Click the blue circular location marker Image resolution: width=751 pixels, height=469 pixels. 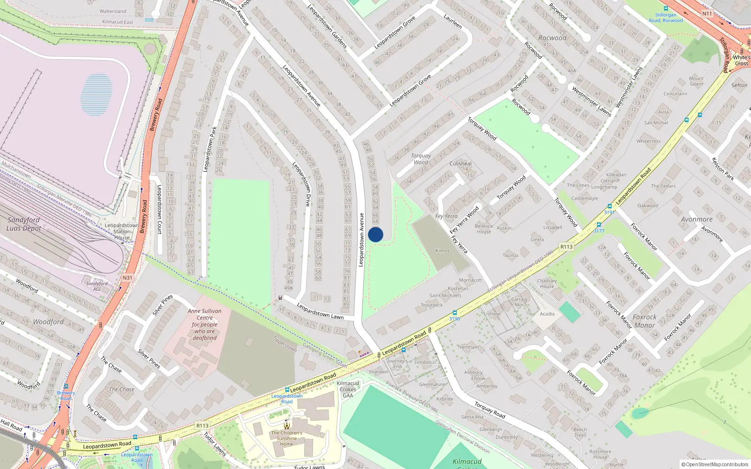375,234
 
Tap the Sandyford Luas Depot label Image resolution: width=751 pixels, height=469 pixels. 23,224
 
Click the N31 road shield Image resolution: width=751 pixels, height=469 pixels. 127,278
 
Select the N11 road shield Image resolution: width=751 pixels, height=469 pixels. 707,14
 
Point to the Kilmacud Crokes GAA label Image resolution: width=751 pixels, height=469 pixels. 348,389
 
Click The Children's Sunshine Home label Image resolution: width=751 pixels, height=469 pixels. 286,438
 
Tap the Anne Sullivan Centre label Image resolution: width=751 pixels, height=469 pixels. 205,324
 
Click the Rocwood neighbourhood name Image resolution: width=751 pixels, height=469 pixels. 552,38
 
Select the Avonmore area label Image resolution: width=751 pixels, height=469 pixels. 697,219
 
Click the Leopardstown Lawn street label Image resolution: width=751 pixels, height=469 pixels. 320,311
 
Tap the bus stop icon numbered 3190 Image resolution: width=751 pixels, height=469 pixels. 454,313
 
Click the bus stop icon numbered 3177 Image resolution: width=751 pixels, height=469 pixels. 598,225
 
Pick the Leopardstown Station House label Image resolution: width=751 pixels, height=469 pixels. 122,231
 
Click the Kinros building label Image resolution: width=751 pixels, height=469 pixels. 442,251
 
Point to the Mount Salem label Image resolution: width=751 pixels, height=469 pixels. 696,81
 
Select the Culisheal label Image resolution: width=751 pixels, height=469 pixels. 460,164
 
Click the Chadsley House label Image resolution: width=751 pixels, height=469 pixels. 547,284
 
